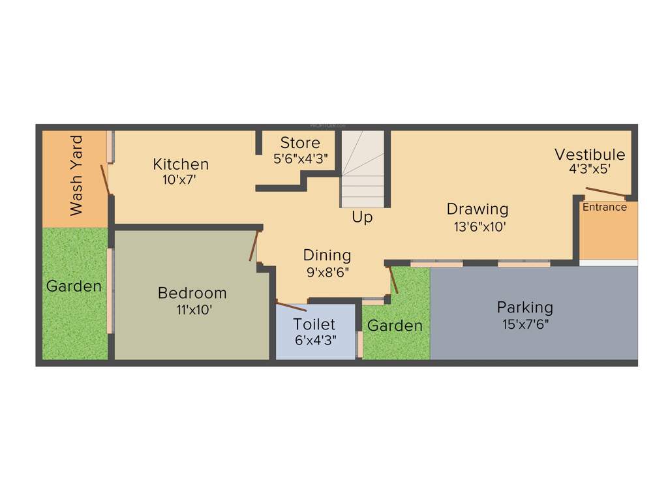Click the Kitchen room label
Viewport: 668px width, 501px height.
pyautogui.click(x=181, y=164)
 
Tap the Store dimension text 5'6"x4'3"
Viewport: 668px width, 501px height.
pyautogui.click(x=300, y=158)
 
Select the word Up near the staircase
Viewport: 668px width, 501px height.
pyautogui.click(x=362, y=217)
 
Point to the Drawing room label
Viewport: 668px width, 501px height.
pyautogui.click(x=477, y=209)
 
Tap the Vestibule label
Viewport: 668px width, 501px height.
pyautogui.click(x=590, y=155)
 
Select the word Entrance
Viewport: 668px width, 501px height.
pyautogui.click(x=604, y=207)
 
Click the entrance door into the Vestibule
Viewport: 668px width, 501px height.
pyautogui.click(x=606, y=192)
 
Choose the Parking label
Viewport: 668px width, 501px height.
pyautogui.click(x=524, y=307)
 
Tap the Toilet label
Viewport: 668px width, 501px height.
pyautogui.click(x=314, y=324)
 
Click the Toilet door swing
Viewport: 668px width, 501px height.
pyautogui.click(x=291, y=306)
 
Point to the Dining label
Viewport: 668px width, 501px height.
pyautogui.click(x=327, y=255)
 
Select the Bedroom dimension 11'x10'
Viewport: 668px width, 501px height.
pyautogui.click(x=194, y=311)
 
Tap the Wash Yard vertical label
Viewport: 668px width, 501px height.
pyautogui.click(x=76, y=175)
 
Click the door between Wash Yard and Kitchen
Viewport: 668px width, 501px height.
pyautogui.click(x=104, y=179)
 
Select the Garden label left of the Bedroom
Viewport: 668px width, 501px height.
pyautogui.click(x=74, y=286)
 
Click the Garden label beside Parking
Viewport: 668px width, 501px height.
pyautogui.click(x=395, y=326)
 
